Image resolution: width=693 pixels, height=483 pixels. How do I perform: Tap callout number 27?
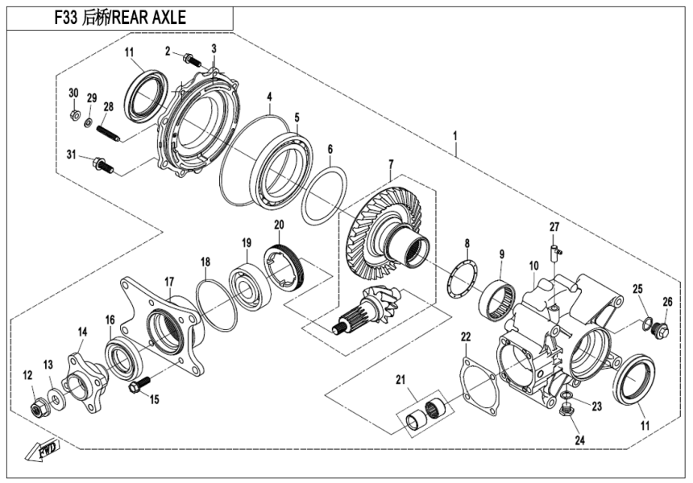(x=554, y=226)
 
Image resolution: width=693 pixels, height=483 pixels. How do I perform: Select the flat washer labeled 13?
(x=53, y=398)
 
